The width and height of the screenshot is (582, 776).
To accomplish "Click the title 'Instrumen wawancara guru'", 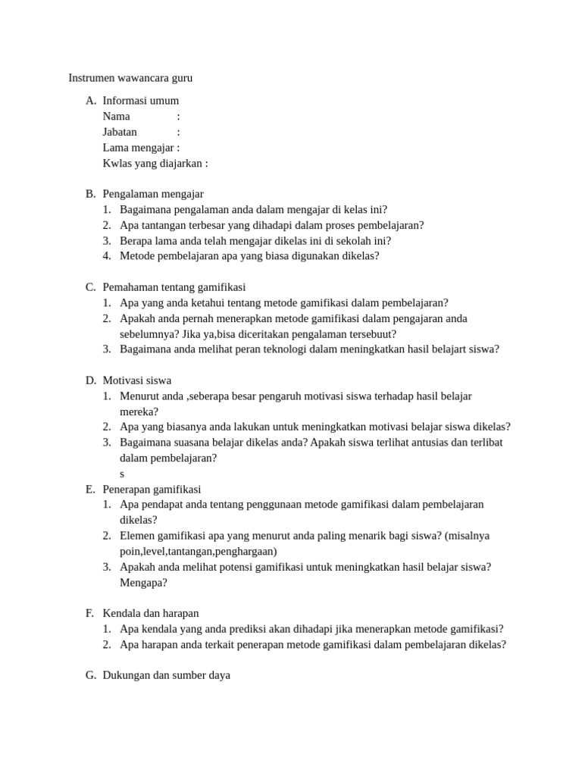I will [130, 78].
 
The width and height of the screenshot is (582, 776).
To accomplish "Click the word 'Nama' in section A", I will [116, 116].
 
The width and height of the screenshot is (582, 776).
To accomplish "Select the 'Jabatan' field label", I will [120, 132].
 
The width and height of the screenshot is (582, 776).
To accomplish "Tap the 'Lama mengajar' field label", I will [138, 148].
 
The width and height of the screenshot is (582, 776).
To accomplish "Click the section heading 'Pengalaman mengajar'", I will [153, 194].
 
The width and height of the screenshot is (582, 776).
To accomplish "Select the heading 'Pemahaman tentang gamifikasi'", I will [174, 287].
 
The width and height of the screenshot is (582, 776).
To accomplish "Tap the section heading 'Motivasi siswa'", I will [136, 380].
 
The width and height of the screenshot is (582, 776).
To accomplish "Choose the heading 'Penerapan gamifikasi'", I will [152, 489].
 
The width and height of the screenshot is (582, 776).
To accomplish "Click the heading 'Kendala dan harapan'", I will [151, 613].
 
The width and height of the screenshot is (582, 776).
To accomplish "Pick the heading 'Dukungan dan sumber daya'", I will [166, 674].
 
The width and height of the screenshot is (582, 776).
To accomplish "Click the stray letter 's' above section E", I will [122, 474].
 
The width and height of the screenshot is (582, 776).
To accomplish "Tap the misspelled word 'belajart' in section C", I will [441, 349].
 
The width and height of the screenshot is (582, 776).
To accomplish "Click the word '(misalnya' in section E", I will [468, 536].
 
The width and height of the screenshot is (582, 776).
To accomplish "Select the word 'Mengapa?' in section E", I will [143, 583].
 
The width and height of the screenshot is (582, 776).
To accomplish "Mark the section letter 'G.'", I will [91, 674].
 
